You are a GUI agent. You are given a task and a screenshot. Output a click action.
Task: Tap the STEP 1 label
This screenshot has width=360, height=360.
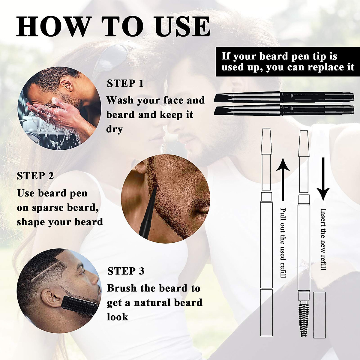[125, 83]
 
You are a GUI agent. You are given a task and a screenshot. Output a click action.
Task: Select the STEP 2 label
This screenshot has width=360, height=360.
[35, 176]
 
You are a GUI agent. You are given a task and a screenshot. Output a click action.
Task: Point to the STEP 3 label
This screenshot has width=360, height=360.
[126, 271]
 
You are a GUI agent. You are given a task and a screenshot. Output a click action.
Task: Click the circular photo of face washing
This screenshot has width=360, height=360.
[60, 108]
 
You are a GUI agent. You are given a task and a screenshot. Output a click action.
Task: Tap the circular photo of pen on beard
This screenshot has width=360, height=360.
[166, 199]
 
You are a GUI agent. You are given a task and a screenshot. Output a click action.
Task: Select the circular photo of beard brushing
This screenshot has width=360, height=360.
[58, 291]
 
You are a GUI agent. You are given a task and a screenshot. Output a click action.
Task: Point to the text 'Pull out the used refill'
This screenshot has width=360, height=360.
[283, 242]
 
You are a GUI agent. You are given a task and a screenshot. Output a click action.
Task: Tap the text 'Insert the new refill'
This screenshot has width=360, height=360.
[323, 239]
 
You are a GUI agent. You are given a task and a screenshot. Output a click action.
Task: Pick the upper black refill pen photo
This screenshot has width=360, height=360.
[284, 97]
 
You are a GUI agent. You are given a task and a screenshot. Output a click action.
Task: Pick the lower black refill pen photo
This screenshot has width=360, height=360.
[284, 110]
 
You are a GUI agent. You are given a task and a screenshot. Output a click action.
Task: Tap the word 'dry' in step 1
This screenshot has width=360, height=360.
[114, 129]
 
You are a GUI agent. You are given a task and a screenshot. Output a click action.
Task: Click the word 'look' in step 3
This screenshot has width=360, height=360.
[118, 317]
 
